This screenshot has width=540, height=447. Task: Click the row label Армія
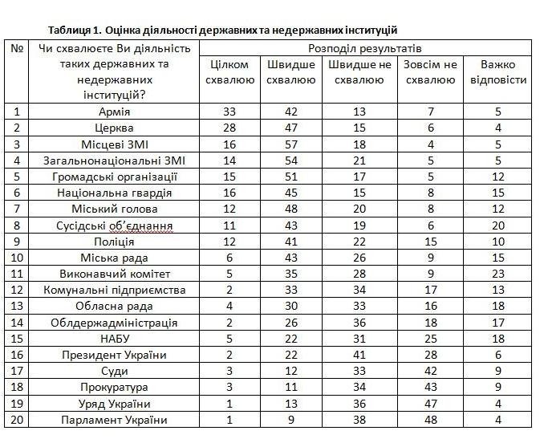114,112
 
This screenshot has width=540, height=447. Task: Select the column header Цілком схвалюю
229,72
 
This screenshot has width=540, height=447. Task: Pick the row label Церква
114,128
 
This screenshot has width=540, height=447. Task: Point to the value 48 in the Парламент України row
429,420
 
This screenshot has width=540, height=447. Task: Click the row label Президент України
114,356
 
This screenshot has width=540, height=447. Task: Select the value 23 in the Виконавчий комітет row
497,274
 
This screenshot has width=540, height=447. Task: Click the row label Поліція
114,241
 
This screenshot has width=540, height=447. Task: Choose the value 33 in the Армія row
229,112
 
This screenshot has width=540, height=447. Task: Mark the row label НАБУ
114,339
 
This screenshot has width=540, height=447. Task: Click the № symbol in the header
17,49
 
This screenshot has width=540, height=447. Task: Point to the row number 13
17,307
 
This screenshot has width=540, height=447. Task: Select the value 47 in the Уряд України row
429,404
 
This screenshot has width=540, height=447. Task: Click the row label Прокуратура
114,388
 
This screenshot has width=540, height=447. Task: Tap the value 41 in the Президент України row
359,356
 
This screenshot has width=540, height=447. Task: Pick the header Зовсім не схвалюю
429,72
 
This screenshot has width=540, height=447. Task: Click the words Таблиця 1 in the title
74,30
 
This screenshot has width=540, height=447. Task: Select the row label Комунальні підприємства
114,290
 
